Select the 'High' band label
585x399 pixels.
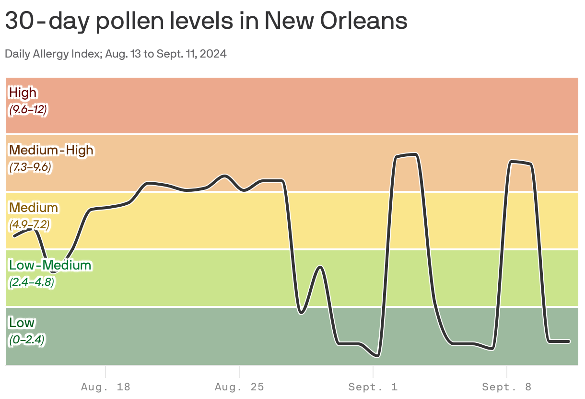23,92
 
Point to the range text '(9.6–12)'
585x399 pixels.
28,110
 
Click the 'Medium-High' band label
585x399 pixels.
51,150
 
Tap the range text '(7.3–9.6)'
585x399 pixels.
30,167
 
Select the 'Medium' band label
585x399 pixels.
34,207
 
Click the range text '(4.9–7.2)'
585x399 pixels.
29,224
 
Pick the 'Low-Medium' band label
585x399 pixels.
50,265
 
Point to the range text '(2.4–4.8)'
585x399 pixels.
32,282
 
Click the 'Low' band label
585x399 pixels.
22,322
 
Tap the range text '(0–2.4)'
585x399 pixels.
27,340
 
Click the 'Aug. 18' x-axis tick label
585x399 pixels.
105,387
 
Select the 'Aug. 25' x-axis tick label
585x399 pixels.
239,387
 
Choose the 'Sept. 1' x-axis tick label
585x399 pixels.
373,387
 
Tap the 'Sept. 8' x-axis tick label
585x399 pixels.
507,387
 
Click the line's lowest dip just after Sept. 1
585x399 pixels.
377,356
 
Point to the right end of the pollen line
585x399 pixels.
569,341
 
